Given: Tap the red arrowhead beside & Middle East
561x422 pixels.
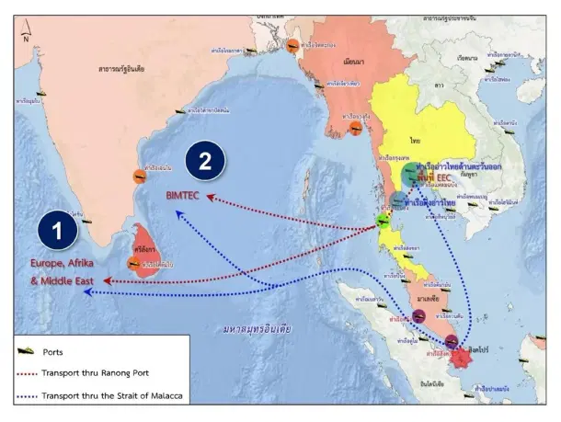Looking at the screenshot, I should (108, 280).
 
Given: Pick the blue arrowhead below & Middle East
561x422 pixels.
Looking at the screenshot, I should (85, 293).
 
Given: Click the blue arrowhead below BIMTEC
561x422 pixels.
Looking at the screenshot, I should (177, 212).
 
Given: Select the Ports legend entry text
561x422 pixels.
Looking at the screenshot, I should (59, 351).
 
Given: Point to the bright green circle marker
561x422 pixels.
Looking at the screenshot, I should (384, 222).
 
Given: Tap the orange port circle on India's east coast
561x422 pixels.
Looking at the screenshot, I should (138, 177).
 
